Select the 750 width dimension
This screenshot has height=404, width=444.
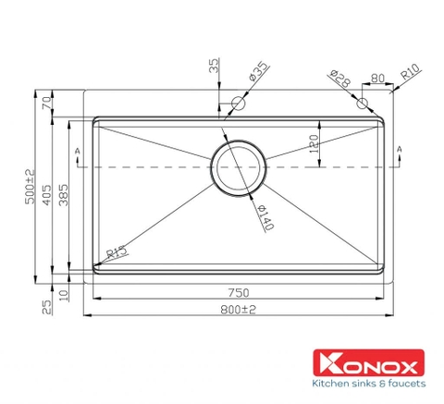coord(240,289)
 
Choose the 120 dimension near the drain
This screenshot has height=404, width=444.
coord(314,143)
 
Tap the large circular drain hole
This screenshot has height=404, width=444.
coord(240,166)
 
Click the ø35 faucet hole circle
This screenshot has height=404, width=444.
coord(239,104)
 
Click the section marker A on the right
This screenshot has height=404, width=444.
coord(400,150)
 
